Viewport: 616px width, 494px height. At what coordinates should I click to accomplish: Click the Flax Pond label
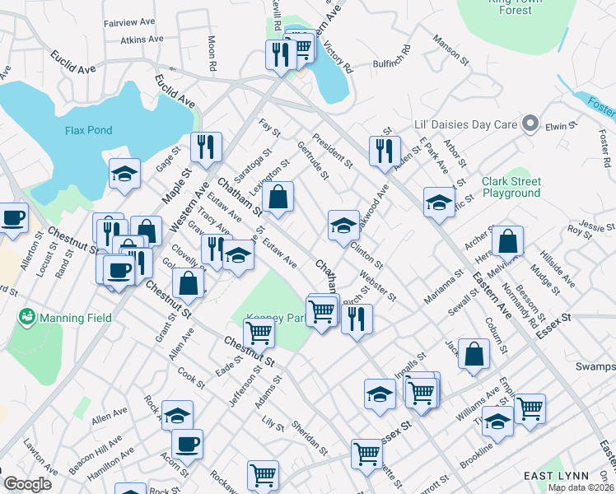point(88,130)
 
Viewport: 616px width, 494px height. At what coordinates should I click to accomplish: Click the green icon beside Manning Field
point(26,316)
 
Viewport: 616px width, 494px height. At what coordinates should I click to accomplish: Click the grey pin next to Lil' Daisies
point(531,124)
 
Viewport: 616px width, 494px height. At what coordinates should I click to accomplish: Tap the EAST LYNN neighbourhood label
point(556,476)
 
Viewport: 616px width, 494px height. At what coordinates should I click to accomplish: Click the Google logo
point(27,484)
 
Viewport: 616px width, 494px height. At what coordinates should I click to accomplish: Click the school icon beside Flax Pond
point(124,173)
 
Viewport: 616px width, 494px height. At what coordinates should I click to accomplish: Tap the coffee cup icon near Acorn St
point(188,444)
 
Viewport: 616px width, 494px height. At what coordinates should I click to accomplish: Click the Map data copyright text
point(581,487)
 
